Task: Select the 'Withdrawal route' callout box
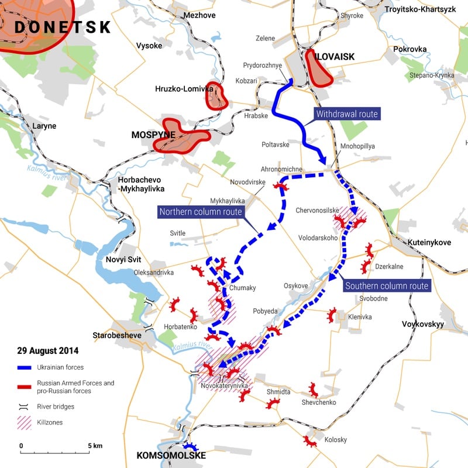347,114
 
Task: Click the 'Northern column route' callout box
200,211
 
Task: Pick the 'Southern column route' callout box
387,286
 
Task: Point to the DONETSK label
63,26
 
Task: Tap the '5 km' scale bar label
94,446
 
